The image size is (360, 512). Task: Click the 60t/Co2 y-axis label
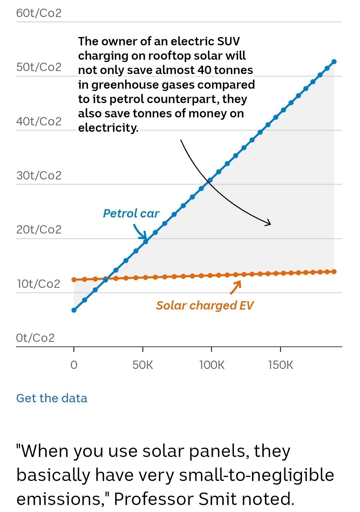pos(39,13)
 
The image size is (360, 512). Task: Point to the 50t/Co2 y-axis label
pos(39,67)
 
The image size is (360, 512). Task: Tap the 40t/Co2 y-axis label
pos(39,121)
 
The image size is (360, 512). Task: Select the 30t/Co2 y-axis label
pos(39,175)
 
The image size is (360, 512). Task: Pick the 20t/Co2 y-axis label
pos(39,229)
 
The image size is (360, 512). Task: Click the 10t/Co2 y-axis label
pos(39,284)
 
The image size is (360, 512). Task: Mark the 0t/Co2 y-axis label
pos(35,338)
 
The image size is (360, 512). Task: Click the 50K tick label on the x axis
pos(143,365)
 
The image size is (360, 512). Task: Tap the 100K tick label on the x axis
pos(212,365)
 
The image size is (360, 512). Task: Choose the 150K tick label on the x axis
pos(281,365)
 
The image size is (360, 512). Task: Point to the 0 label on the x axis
pos(74,365)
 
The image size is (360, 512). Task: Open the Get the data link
pos(52,398)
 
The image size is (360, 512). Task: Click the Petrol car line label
pos(131,213)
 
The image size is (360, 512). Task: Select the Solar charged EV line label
pos(205,306)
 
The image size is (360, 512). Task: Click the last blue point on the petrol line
pos(334,62)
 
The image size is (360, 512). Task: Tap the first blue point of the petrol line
pos(74,310)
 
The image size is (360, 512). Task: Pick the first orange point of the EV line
pos(74,280)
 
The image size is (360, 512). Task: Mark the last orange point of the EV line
pos(334,272)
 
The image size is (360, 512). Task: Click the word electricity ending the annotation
pos(108,128)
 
